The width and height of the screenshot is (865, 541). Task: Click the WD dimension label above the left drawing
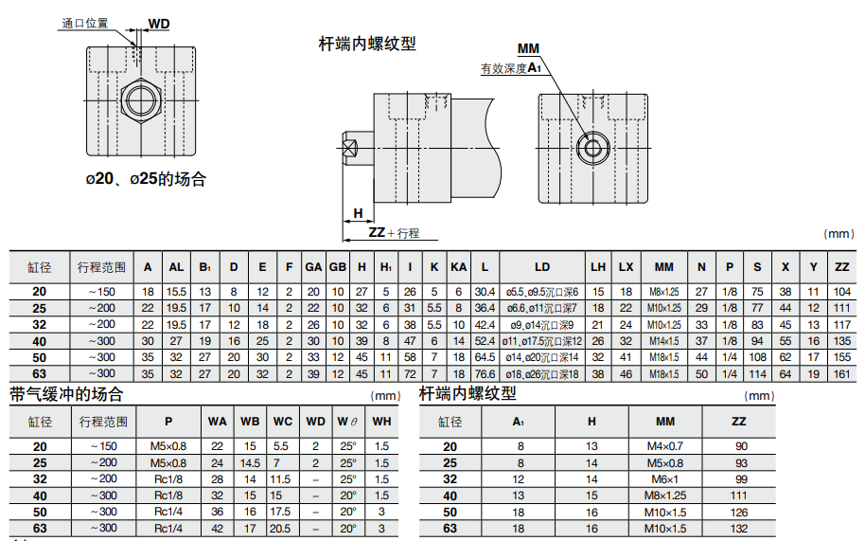coord(159,24)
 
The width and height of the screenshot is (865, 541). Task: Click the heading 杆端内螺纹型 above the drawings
coord(367,44)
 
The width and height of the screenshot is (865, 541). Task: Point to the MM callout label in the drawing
coord(528,48)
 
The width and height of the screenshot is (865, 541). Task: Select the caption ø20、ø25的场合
coord(146,179)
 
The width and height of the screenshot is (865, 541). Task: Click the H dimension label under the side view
coord(358,213)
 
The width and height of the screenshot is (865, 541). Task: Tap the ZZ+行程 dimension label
coord(394,233)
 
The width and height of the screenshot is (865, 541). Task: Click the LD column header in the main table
coord(541,267)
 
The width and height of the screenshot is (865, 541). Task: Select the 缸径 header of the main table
coord(39,268)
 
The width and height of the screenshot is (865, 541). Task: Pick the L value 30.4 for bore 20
coord(485,292)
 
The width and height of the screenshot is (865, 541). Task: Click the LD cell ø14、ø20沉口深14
coord(542,357)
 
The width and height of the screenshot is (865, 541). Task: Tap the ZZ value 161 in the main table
coord(842,373)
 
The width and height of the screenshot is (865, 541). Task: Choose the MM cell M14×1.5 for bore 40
coord(664,341)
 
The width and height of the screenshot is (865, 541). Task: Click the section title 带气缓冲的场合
coord(66,394)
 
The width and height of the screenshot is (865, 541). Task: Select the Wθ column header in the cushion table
coord(347,422)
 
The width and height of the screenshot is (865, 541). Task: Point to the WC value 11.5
coord(280,479)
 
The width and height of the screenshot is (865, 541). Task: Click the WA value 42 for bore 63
coord(218,529)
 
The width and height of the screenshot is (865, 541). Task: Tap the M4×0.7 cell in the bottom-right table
coord(665,446)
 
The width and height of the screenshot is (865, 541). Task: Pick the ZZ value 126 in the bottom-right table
coord(739,513)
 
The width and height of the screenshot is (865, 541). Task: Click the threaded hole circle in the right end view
coord(593,148)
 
